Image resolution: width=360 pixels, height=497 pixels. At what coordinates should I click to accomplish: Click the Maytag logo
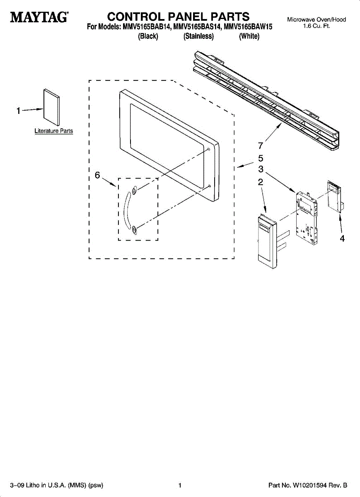point(39,18)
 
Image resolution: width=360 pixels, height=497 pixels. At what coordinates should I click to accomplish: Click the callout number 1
point(18,111)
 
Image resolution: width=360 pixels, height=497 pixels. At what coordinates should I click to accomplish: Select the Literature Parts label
point(53,131)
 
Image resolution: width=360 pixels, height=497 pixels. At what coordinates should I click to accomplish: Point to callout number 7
point(260,145)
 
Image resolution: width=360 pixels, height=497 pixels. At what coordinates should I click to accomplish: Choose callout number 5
point(261,158)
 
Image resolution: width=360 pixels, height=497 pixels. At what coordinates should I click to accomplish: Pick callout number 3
point(261,169)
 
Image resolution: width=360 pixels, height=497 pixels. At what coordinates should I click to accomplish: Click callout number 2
point(261,181)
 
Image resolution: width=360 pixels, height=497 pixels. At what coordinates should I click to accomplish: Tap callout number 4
point(342,239)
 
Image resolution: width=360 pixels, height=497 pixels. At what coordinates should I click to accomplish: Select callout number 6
point(97,175)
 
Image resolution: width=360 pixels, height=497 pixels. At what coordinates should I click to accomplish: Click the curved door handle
point(125,210)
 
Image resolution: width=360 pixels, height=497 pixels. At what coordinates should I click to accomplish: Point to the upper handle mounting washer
point(134,191)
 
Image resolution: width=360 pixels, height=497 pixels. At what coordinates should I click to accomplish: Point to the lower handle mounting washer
point(134,230)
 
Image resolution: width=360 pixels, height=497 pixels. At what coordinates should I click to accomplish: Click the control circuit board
point(307,217)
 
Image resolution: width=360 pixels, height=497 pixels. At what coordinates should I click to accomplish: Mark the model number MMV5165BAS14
point(197,27)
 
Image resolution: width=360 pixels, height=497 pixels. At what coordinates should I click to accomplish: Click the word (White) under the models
point(249,36)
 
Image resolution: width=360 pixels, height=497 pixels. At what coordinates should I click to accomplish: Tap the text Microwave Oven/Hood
point(316,19)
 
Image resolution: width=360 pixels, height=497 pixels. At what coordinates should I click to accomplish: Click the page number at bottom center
point(180,485)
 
